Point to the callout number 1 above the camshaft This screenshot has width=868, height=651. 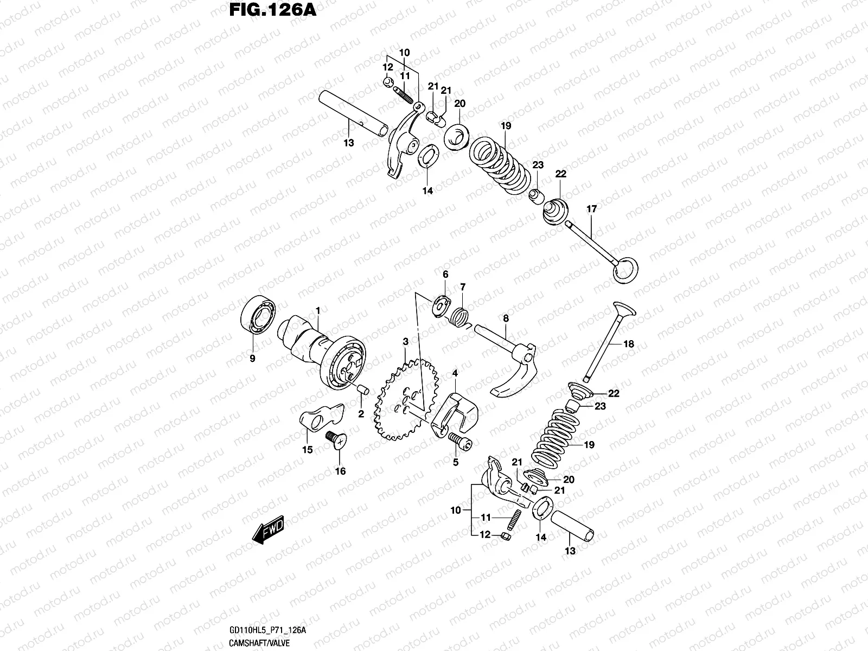[318, 310]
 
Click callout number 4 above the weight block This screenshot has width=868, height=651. [455, 373]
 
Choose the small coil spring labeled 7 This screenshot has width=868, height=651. [460, 315]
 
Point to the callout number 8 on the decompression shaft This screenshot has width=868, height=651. [506, 319]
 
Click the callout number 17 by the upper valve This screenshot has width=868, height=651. [591, 209]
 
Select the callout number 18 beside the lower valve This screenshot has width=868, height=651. [629, 344]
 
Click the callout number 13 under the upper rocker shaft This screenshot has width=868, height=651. [348, 143]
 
